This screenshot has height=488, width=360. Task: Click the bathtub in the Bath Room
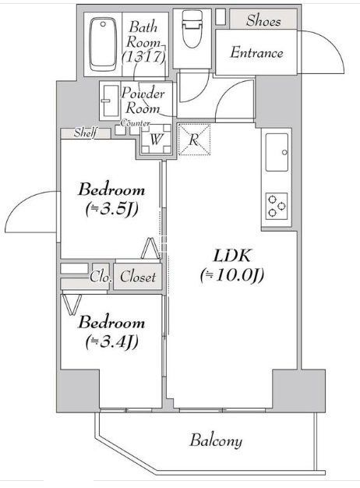pyautogui.click(x=102, y=42)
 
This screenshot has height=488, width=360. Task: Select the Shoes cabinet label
pyautogui.click(x=263, y=20)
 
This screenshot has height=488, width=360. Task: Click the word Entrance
pyautogui.click(x=256, y=53)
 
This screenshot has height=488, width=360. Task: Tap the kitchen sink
pyautogui.click(x=276, y=153)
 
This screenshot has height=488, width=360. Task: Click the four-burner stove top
pyautogui.click(x=276, y=204)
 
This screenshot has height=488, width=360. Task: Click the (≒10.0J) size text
pyautogui.click(x=232, y=274)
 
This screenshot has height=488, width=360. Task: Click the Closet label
pyautogui.click(x=139, y=277)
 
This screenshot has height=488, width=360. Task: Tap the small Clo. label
pyautogui.click(x=99, y=277)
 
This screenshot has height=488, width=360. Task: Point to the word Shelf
pyautogui.click(x=85, y=133)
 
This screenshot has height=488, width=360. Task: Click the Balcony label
pyautogui.click(x=214, y=440)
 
